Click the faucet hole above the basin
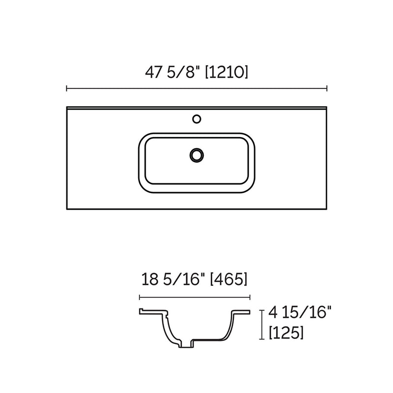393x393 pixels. (197, 118)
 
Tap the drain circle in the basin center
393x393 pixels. (197, 155)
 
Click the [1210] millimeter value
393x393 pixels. (226, 72)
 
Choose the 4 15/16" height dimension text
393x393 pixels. (297, 313)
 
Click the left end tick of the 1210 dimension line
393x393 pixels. (66, 88)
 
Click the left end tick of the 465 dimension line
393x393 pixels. (140, 297)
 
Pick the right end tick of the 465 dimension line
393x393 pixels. (251, 297)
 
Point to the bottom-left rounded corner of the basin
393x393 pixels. (143, 186)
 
